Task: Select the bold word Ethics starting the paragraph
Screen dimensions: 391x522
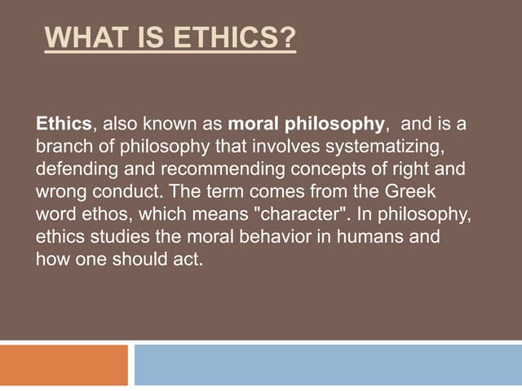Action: [64, 125]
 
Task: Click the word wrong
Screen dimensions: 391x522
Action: [60, 193]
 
